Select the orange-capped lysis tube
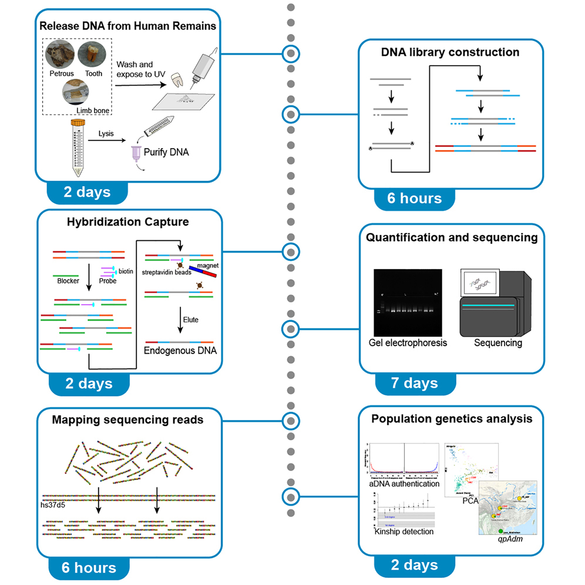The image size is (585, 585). coord(77,147)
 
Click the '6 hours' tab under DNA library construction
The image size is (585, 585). coord(414,199)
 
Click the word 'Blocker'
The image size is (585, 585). coord(68,281)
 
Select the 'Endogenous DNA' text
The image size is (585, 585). coord(180,351)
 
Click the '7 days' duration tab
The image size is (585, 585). coord(414,383)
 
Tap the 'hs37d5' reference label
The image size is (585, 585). coord(57,503)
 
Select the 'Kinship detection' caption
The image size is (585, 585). coord(404,531)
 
